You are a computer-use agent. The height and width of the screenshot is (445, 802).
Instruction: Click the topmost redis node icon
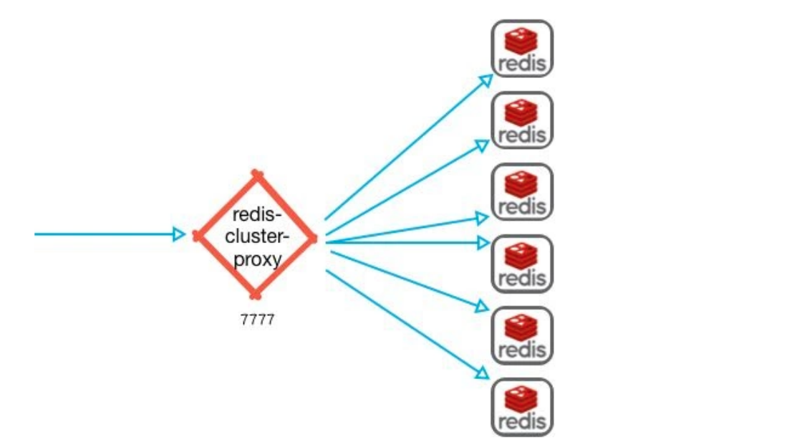522,48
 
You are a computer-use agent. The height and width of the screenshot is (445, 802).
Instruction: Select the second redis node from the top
522,120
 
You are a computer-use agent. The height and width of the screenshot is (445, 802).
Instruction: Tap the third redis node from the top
522,191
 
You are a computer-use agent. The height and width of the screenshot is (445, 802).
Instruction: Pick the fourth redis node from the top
522,263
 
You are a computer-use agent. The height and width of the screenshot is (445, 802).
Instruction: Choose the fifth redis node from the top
522,335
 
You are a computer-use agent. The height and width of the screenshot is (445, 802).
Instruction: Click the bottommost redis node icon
522,406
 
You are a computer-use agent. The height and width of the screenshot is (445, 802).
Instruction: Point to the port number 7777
257,320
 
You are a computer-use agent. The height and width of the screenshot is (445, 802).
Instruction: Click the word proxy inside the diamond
255,261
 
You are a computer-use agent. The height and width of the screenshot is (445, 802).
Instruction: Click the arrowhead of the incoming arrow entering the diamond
180,234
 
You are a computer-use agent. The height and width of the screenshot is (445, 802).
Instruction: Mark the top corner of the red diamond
256,174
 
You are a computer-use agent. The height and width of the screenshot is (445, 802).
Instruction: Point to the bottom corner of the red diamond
256,295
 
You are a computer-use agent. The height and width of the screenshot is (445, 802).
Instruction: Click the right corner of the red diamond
314,238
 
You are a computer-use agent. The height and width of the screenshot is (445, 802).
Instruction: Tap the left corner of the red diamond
196,235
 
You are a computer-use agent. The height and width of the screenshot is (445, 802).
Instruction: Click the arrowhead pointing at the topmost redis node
486,80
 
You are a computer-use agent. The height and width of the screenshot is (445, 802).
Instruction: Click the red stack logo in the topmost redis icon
522,39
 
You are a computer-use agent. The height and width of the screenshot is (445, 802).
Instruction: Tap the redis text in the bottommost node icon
522,421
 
